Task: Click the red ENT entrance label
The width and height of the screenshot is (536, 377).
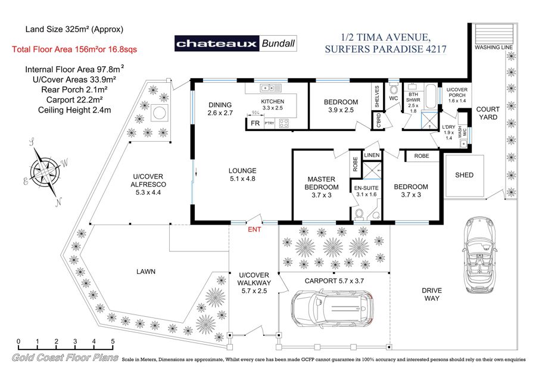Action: tap(254, 228)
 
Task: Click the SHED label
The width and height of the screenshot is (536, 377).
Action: tap(464, 175)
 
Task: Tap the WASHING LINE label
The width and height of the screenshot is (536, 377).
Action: tap(493, 46)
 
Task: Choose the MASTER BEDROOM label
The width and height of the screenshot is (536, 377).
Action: tap(321, 183)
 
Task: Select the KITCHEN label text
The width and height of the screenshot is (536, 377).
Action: tap(275, 101)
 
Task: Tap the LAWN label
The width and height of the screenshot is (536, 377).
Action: tap(145, 272)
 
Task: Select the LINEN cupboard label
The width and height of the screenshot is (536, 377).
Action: tap(371, 155)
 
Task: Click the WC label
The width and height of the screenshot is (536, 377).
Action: tap(394, 98)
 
